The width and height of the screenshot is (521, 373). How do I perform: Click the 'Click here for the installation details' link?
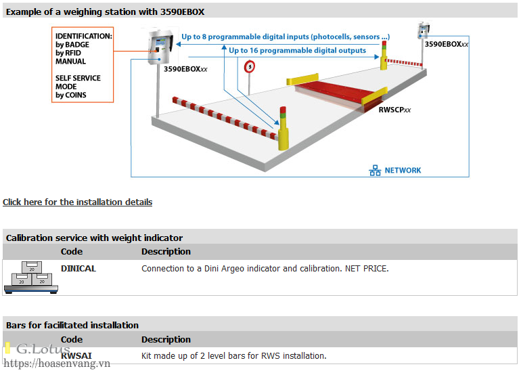(x=77, y=202)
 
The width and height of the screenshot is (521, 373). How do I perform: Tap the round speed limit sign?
(x=250, y=67)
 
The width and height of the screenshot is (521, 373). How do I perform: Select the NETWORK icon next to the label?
(x=375, y=170)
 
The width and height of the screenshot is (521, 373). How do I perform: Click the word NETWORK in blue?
(x=403, y=170)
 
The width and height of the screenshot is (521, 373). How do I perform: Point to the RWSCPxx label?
(x=394, y=110)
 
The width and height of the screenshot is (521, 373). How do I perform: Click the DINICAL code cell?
(x=78, y=268)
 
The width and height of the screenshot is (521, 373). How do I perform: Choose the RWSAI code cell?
(x=76, y=355)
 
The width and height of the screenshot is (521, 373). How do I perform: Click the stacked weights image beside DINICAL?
(x=31, y=278)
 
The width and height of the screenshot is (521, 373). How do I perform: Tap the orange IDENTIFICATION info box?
(x=83, y=65)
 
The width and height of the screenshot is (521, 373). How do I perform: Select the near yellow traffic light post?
(x=283, y=129)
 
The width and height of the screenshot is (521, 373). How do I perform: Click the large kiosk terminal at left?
(x=160, y=47)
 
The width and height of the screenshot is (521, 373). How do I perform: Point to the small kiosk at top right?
(x=424, y=30)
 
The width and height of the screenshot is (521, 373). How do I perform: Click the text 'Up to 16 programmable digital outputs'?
(x=298, y=51)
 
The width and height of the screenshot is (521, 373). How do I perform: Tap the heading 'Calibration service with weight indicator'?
(x=94, y=238)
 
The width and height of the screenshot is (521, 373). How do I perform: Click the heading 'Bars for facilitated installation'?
(x=72, y=325)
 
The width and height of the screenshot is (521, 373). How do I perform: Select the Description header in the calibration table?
(x=166, y=252)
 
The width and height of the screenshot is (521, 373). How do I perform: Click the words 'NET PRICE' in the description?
(x=366, y=269)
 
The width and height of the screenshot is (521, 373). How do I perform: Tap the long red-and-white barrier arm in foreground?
(x=225, y=117)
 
